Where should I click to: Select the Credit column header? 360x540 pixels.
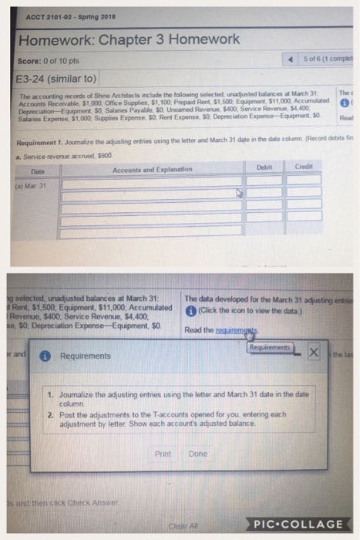coord(303,166)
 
